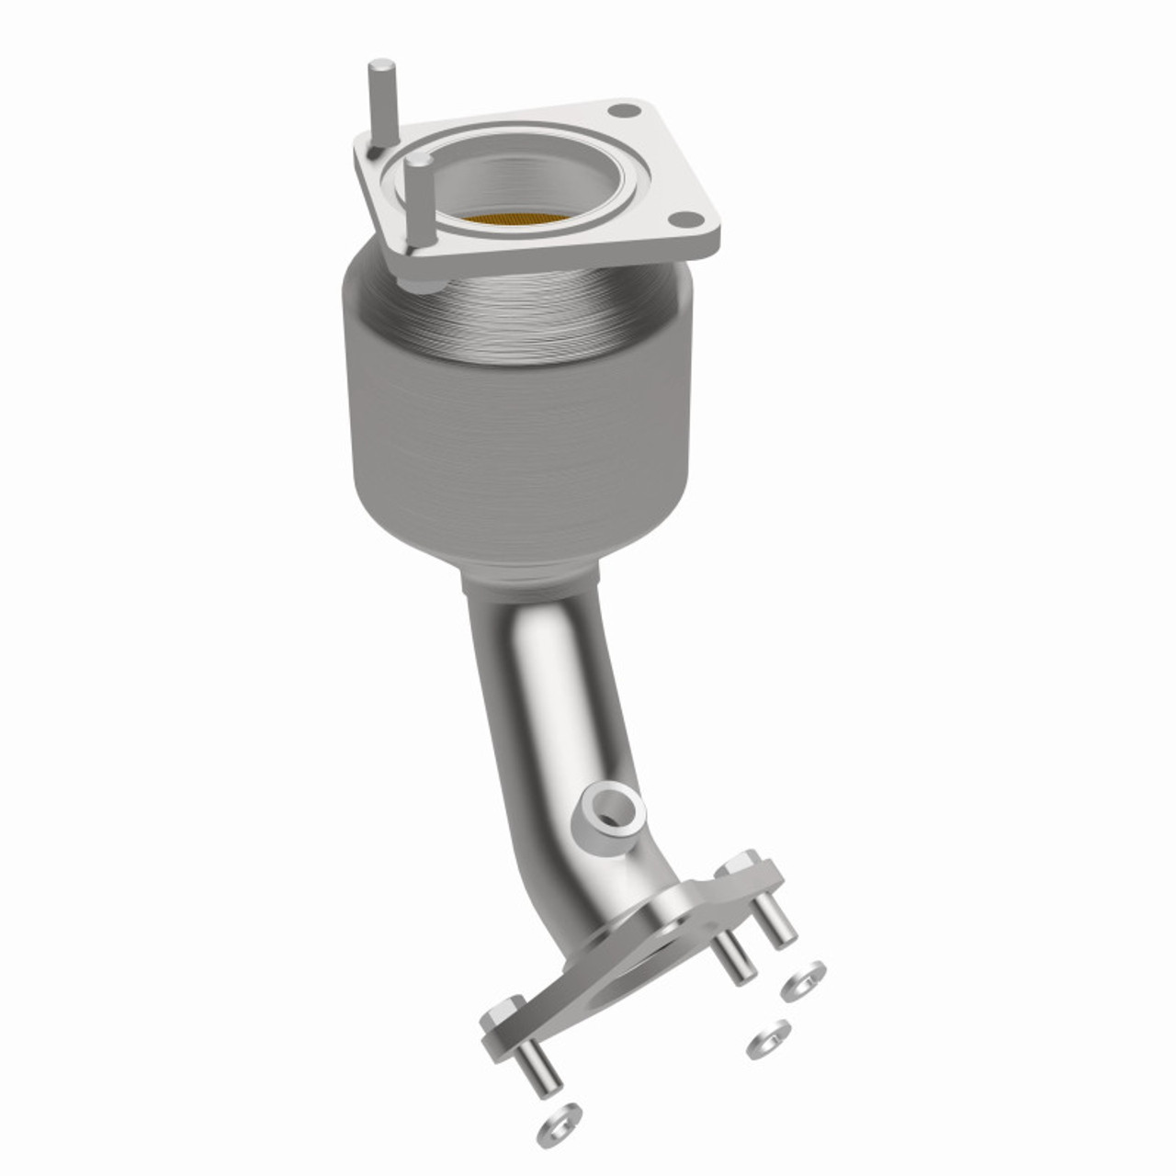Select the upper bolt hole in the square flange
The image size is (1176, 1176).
[x=624, y=112]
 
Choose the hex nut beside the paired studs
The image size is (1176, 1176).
[x=741, y=871]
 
